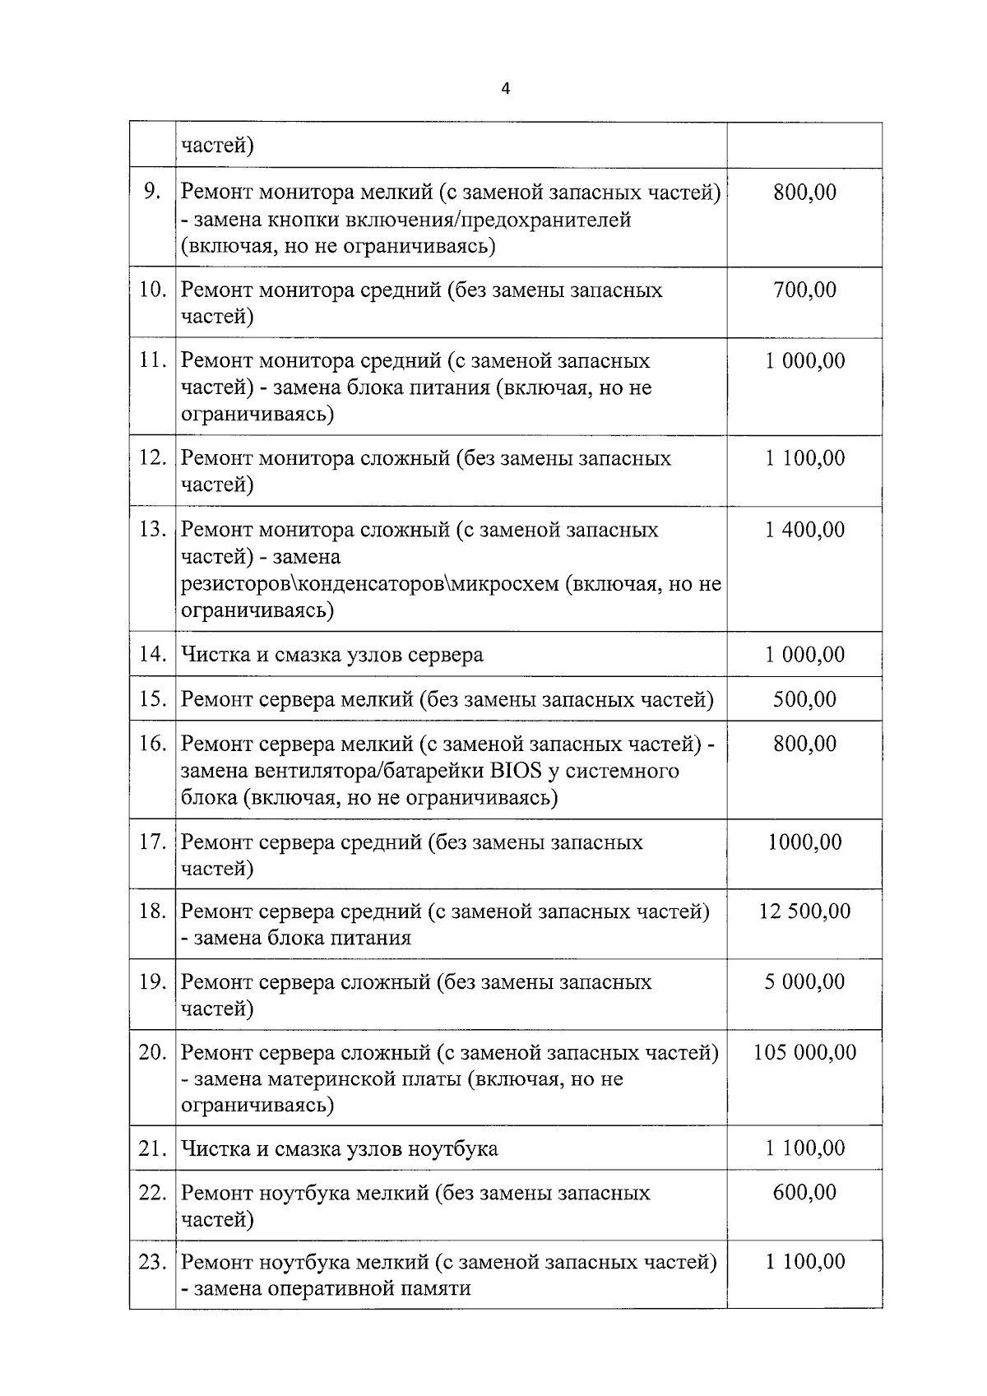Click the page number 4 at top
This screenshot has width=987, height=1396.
505,90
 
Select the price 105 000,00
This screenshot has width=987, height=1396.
804,1052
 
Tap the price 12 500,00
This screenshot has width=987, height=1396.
804,911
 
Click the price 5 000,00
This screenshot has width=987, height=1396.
804,981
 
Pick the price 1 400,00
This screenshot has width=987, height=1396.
804,529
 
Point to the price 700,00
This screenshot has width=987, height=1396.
804,290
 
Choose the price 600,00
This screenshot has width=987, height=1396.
804,1192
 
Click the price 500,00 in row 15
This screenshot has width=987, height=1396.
804,699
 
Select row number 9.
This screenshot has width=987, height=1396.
152,192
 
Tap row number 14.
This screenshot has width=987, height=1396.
152,654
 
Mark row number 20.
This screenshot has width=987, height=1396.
152,1052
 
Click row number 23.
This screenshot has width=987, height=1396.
152,1261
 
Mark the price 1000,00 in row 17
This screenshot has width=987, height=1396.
804,842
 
